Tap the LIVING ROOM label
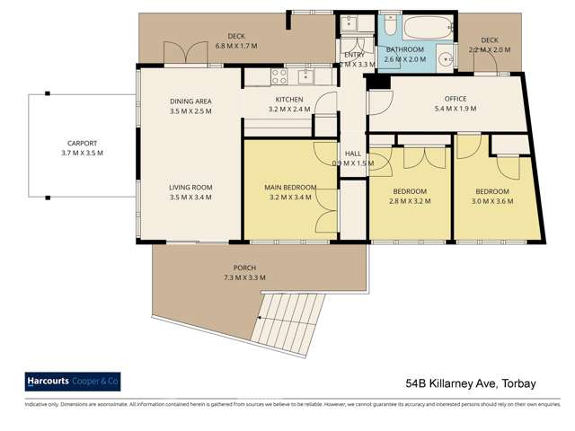pyautogui.click(x=190, y=188)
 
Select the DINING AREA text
pyautogui.click(x=190, y=100)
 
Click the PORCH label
pyautogui.click(x=244, y=268)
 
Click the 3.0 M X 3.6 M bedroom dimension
pyautogui.click(x=492, y=202)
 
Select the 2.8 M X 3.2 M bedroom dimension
pyautogui.click(x=409, y=202)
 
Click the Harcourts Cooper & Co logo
pyautogui.click(x=71, y=382)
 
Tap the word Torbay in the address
pyautogui.click(x=516, y=383)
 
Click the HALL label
pyautogui.click(x=353, y=153)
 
